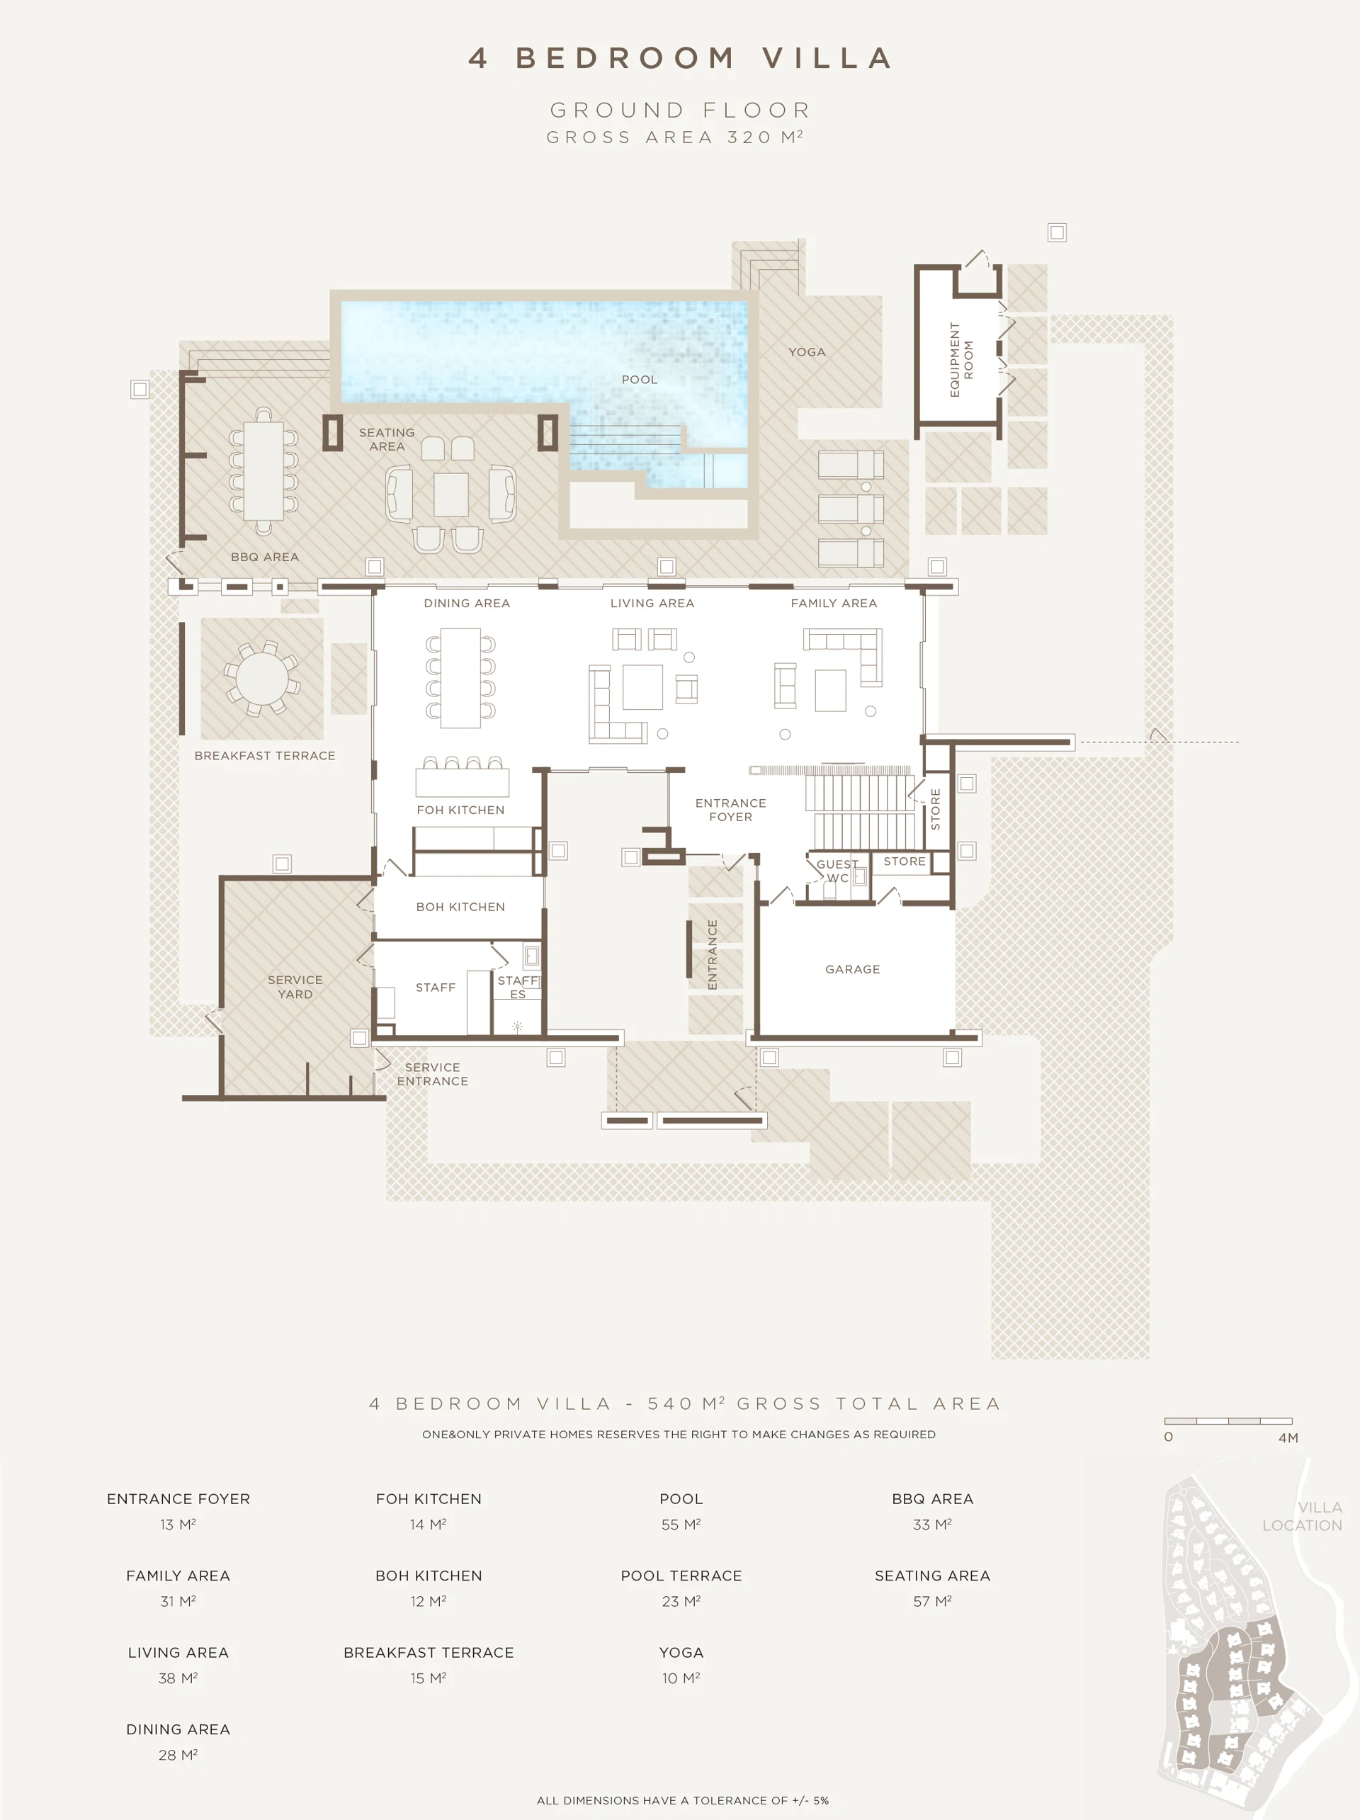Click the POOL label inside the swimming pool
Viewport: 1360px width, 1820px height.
click(x=640, y=379)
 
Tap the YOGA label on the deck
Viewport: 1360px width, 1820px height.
click(x=806, y=352)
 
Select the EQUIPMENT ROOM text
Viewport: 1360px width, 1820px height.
click(x=961, y=360)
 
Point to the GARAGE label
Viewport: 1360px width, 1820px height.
click(x=852, y=969)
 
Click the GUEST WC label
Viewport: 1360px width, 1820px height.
click(x=837, y=871)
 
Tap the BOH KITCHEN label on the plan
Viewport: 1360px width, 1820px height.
click(x=460, y=907)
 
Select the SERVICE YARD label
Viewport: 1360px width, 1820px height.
click(x=295, y=987)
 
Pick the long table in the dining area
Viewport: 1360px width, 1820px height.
click(x=460, y=678)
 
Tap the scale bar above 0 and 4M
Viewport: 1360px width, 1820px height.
click(x=1228, y=1421)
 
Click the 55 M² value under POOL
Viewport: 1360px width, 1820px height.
click(x=681, y=1525)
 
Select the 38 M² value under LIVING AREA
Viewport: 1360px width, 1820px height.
click(x=178, y=1678)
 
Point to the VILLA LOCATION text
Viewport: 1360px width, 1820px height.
click(x=1302, y=1515)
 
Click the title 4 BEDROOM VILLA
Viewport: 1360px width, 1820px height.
click(x=681, y=57)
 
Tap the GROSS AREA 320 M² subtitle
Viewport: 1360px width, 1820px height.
click(x=674, y=137)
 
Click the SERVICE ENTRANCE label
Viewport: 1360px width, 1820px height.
click(x=432, y=1074)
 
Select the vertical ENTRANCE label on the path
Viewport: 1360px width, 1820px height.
click(x=713, y=954)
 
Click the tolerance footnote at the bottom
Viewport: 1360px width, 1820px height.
click(x=682, y=1800)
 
